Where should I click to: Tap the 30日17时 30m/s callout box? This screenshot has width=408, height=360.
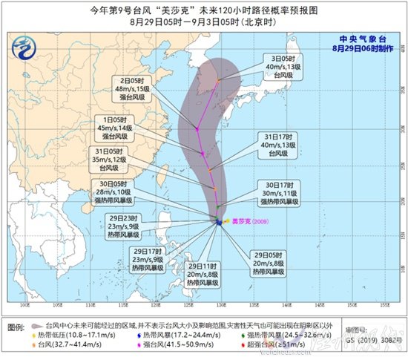(x=286, y=191)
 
